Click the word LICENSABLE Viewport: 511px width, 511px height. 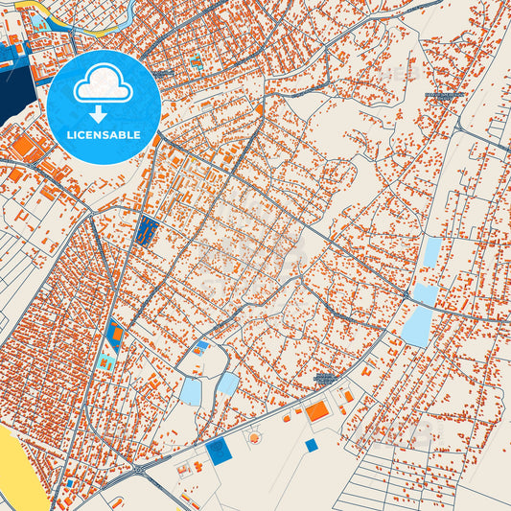pos(104,134)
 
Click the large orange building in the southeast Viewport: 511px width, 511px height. pos(317,411)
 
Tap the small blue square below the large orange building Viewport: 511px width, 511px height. pos(311,445)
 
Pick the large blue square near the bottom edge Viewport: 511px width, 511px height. pos(219,452)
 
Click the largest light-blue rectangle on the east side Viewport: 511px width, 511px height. pos(418,326)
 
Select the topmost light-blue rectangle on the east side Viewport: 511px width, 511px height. pos(432,251)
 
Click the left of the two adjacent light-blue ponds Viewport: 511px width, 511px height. pos(191,391)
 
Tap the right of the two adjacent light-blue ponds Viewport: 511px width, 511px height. pos(227,383)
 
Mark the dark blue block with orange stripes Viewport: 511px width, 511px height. pos(148,229)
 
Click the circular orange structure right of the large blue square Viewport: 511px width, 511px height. pos(254,437)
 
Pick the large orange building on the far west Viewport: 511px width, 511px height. pos(21,147)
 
